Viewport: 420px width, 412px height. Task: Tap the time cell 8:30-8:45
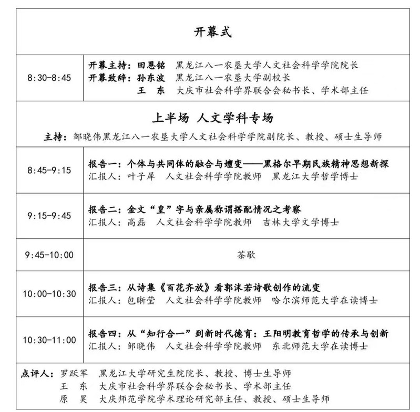48,78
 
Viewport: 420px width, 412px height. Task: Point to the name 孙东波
151,78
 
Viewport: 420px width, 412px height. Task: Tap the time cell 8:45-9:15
48,170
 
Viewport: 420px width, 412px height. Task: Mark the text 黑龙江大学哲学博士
315,177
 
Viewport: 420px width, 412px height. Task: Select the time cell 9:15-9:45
48,215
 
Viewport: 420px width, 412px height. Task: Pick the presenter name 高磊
141,222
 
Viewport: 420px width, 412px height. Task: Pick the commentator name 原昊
74,399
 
